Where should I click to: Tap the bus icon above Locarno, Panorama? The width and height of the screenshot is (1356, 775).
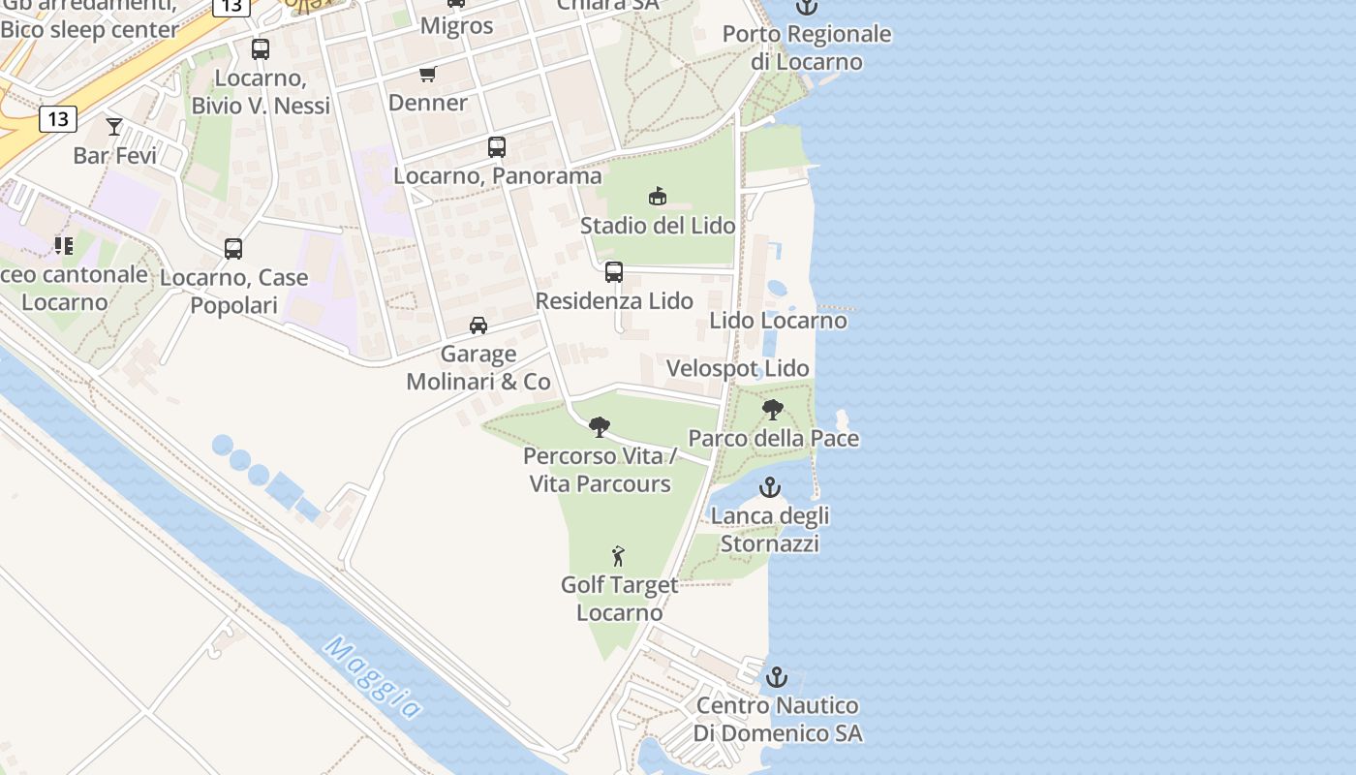(497, 147)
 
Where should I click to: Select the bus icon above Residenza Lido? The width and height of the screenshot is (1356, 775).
(614, 272)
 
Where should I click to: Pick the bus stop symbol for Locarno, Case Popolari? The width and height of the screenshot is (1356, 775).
(233, 249)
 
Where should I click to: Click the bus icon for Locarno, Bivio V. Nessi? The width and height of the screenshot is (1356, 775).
(261, 49)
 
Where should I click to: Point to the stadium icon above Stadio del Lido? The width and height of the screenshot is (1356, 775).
(658, 197)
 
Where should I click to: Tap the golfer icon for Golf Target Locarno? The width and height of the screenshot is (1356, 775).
(619, 556)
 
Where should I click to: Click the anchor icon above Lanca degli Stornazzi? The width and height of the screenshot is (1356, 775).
(770, 486)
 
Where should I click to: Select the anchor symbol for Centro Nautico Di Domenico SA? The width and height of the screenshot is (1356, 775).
(777, 677)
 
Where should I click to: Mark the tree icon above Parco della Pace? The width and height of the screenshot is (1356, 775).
(772, 410)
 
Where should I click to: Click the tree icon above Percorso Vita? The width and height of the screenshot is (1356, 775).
(600, 426)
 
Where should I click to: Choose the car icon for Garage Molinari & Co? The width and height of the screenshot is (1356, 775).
(478, 325)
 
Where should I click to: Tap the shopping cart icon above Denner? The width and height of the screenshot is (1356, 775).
(427, 74)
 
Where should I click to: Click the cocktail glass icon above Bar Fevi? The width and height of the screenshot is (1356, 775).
(114, 127)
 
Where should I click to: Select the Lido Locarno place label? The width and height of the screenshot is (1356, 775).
(778, 321)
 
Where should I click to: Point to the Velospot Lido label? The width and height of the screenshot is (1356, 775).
(738, 369)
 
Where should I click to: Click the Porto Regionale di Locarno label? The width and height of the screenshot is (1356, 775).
(807, 47)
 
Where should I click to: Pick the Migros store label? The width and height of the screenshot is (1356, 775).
(457, 26)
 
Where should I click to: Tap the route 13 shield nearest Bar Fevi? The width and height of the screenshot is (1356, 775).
(58, 119)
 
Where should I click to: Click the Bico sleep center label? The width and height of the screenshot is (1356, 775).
(89, 29)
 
